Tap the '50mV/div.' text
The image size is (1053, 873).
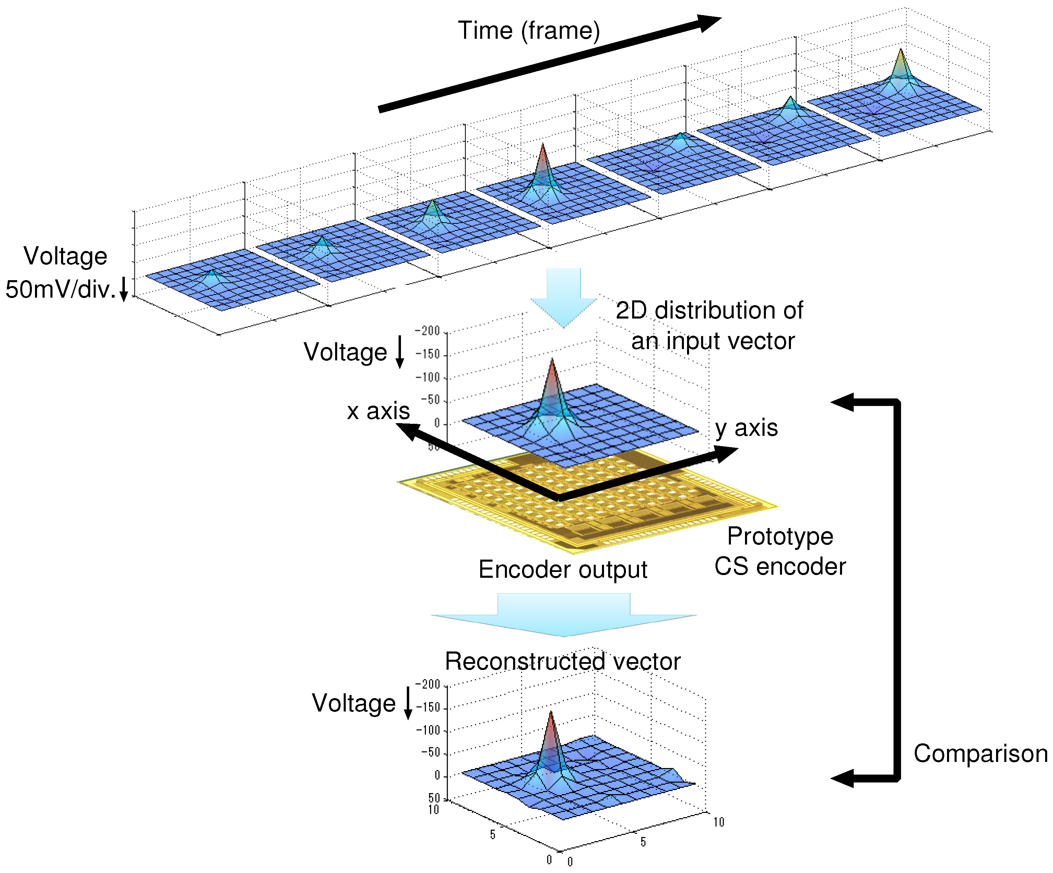pos(60,290)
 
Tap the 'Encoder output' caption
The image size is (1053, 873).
pos(563,570)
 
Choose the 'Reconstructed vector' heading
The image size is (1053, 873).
pos(563,661)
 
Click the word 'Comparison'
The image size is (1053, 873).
pos(980,754)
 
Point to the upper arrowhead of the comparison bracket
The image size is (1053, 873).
pos(842,402)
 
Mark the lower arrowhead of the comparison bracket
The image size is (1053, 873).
pos(842,778)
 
